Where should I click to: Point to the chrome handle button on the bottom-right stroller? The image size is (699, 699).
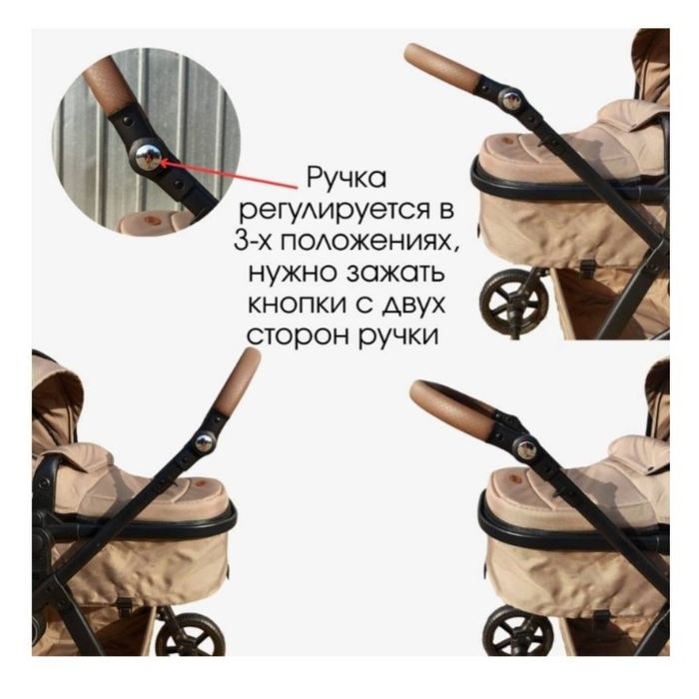click(x=519, y=442)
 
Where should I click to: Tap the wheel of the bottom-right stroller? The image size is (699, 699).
click(x=514, y=633)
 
